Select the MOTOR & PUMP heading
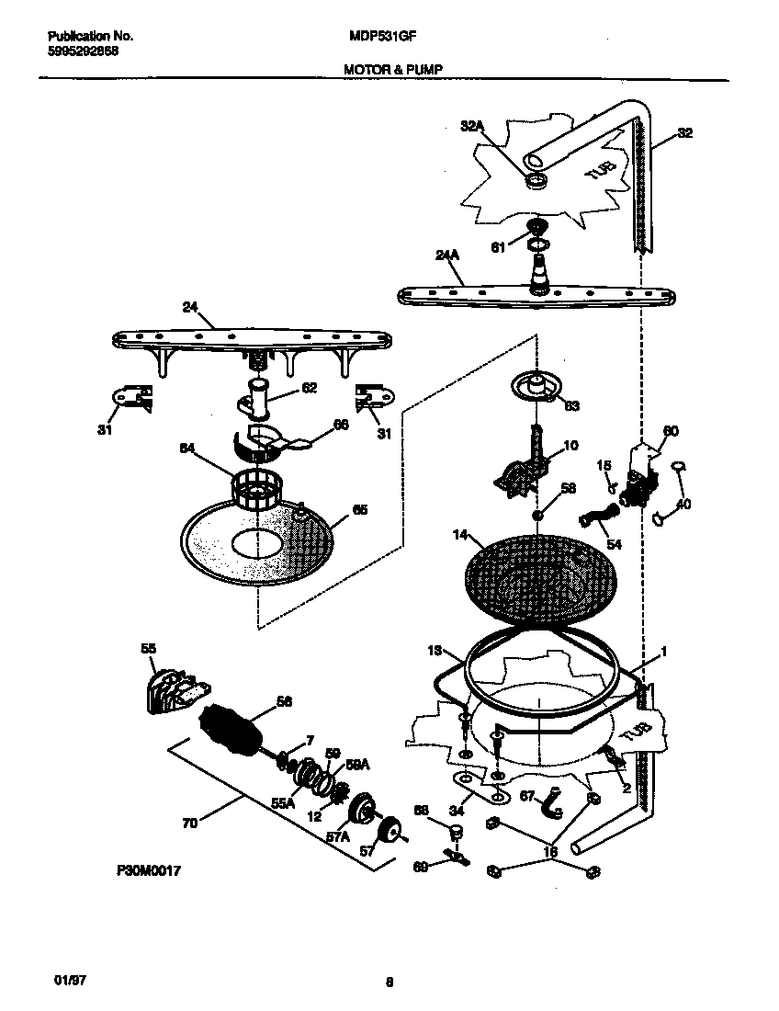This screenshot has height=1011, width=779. [395, 69]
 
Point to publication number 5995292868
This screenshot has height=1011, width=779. [83, 51]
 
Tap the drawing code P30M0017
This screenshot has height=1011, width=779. [148, 869]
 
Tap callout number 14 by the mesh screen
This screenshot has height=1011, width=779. [460, 534]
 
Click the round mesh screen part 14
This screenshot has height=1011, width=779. [537, 584]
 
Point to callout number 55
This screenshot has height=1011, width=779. [148, 648]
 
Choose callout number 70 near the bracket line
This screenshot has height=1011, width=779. [189, 824]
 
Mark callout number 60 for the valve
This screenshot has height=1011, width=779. [671, 431]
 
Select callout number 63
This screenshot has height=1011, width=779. [571, 405]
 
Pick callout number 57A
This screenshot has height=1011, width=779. [339, 837]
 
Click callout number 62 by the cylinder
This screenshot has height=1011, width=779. [309, 388]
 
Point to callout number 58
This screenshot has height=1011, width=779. [568, 488]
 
